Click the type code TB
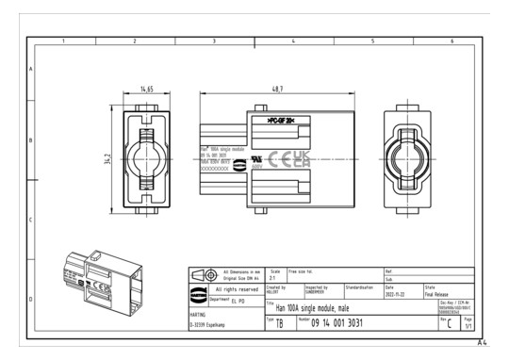tap(281, 324)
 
